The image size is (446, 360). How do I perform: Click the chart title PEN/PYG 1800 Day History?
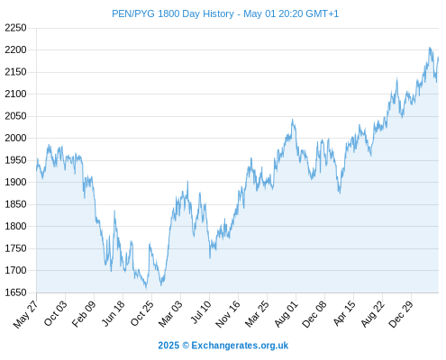point(173,13)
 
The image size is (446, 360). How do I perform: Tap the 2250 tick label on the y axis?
point(15,28)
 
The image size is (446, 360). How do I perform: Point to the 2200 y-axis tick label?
point(15,49)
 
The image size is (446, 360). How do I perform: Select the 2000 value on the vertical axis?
point(15,138)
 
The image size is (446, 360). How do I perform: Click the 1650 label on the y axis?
point(15,292)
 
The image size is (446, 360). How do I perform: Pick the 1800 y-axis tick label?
point(15,226)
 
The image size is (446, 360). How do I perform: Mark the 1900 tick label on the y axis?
point(15,182)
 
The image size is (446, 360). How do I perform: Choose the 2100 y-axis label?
point(15,94)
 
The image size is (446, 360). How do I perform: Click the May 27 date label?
point(26,314)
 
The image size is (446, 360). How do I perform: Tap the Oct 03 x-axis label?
point(55,313)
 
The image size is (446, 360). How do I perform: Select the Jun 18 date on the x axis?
point(113,313)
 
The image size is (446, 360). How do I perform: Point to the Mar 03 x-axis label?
point(170,313)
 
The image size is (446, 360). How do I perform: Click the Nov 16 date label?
point(228,314)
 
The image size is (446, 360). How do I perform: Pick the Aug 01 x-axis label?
point(286,313)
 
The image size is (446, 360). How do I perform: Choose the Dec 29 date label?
point(401,314)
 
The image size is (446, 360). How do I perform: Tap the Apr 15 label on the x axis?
point(343,313)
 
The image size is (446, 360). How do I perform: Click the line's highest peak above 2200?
point(430,48)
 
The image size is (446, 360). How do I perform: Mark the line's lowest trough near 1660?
point(146,288)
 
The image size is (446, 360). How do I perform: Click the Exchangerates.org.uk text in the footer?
point(240,346)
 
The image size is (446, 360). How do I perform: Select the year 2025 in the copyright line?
point(168,346)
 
